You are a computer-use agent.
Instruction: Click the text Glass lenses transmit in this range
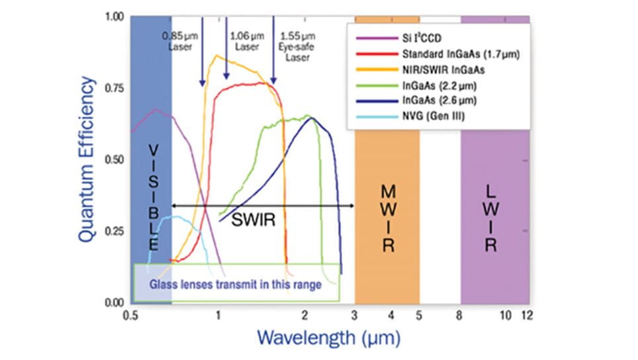coord(235,285)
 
